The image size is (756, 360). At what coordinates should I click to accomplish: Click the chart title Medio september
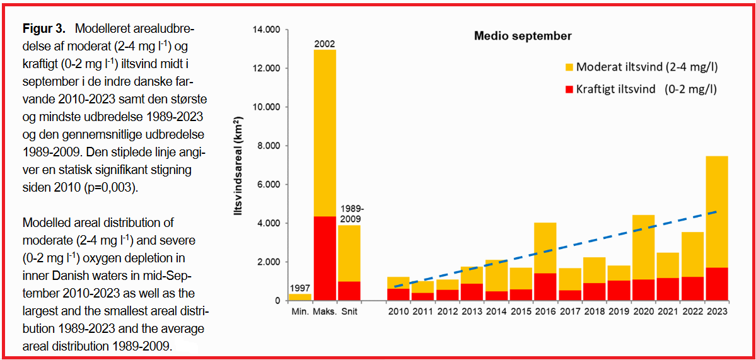coord(523,36)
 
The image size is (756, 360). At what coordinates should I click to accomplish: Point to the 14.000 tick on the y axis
coord(265,30)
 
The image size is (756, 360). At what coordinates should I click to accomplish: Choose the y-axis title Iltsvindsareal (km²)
coord(239,170)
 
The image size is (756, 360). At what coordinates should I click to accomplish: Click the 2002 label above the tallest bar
coord(325,44)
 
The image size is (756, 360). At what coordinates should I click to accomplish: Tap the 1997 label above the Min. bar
coord(300,288)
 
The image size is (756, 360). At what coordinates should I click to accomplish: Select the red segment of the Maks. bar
coord(325,258)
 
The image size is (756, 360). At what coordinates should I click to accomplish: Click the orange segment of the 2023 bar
coord(716,211)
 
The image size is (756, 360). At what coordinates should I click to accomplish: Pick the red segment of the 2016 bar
coord(545,286)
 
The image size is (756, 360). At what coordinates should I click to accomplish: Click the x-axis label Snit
coord(351,311)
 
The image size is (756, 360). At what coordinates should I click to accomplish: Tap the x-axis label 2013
coord(472,311)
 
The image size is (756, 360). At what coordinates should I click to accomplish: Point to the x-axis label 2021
coord(667,311)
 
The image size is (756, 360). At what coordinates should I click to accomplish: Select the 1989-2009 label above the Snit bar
coord(351,213)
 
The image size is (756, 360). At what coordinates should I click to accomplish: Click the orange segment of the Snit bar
coord(349,253)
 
